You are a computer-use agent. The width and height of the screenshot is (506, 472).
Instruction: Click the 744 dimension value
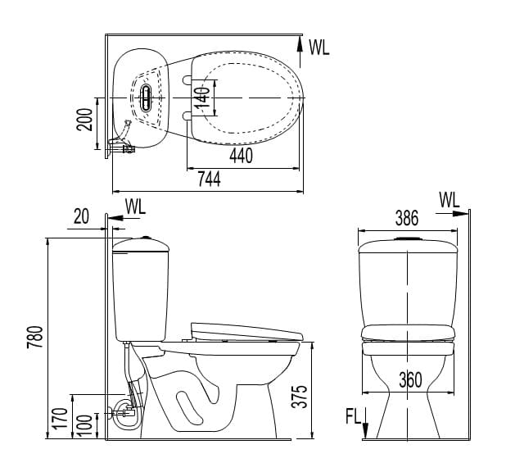click(209, 179)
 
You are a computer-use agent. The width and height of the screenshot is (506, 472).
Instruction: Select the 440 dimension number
click(241, 156)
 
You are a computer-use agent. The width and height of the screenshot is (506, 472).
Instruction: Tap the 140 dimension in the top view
click(203, 98)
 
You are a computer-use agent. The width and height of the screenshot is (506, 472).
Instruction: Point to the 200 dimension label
click(84, 120)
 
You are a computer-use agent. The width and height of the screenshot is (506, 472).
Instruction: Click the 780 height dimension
click(35, 337)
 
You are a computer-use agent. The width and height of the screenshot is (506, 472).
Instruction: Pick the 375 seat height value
click(300, 397)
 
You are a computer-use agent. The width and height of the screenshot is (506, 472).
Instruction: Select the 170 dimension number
click(61, 419)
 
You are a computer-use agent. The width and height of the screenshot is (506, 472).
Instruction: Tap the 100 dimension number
click(85, 426)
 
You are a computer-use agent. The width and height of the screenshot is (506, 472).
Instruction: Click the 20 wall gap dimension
click(81, 216)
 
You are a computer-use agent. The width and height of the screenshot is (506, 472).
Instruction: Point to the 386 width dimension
click(407, 218)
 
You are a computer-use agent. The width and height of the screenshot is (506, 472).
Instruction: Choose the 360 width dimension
click(410, 380)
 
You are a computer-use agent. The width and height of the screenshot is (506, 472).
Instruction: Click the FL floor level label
click(354, 416)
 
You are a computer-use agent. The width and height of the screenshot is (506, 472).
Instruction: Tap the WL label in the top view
click(319, 48)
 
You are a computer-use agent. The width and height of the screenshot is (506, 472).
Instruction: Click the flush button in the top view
click(146, 98)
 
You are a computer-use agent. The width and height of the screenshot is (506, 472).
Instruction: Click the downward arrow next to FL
click(365, 423)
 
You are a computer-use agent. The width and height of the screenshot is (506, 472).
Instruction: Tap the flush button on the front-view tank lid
click(408, 238)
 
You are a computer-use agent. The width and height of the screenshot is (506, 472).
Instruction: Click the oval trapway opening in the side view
click(190, 408)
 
